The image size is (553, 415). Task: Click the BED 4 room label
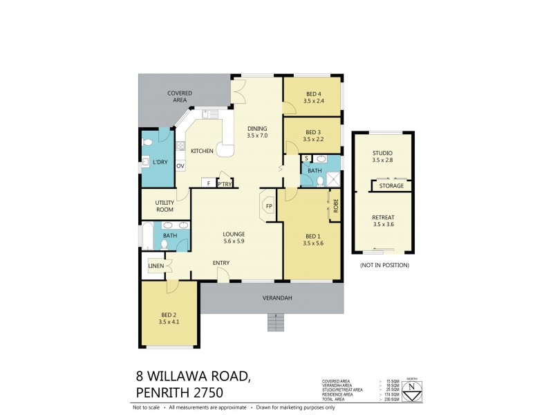pos(313,94)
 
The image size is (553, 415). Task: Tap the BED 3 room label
pos(313,132)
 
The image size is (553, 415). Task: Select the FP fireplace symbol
pos(268,206)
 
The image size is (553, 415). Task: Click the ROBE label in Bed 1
pos(335,205)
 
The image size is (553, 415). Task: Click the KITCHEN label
pos(202,151)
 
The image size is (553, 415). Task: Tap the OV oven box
pos(180,166)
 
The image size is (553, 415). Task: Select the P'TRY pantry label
pos(224,183)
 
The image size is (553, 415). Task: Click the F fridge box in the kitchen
pos(208,183)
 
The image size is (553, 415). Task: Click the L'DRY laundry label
pos(160,162)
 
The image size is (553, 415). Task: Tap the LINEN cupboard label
pos(156,266)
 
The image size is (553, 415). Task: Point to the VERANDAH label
pos(274,298)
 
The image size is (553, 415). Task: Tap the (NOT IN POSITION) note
pos(384,266)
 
